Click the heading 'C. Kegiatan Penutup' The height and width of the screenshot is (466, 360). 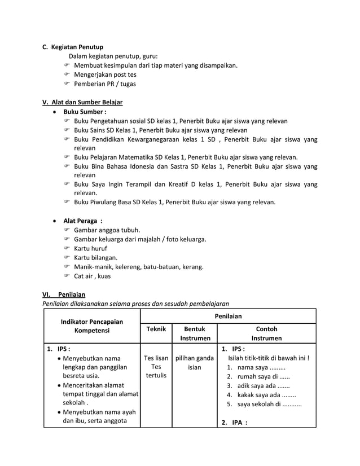coord(73,46)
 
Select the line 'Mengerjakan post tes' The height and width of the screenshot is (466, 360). coord(105,74)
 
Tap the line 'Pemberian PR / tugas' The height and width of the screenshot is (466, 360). coord(104,84)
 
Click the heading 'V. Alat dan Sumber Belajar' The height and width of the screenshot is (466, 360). coord(82,102)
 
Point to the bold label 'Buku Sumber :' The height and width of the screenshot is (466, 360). coord(85,112)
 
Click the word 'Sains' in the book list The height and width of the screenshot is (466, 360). coord(100,130)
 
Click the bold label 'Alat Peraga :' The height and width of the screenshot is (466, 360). coord(86,221)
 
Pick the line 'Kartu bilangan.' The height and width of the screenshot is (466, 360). coord(95,257)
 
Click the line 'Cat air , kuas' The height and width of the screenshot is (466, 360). coord(92,276)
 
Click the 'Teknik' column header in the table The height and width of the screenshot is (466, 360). coord(156,329)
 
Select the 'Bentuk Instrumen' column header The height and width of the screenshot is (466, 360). coord(195,333)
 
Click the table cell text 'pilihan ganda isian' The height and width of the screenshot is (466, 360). coord(195,363)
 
